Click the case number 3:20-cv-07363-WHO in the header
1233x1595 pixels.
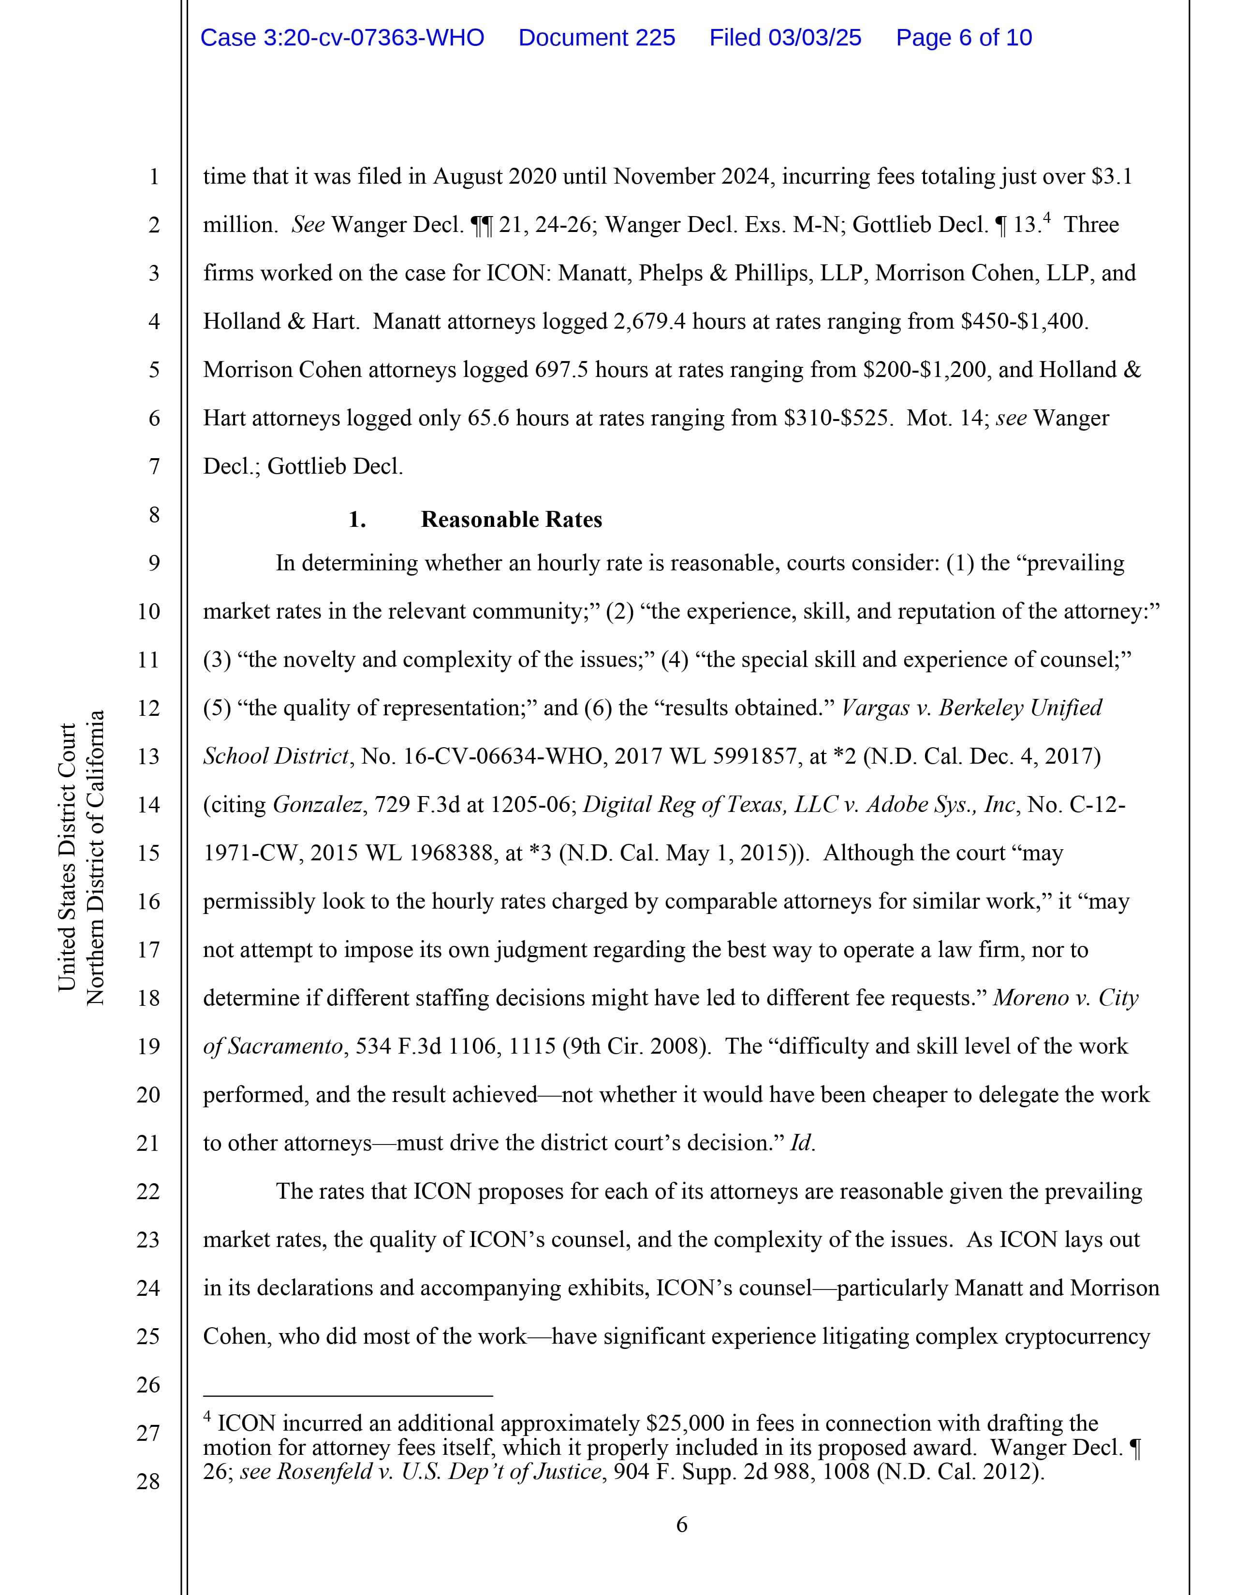coord(342,38)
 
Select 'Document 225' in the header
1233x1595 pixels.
coord(597,38)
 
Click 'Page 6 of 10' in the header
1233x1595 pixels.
coord(964,38)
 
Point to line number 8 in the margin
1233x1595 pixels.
coord(154,515)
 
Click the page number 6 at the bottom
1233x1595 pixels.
coord(681,1525)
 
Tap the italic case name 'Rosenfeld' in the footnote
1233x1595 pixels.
coord(321,1471)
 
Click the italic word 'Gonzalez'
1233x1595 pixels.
coord(318,805)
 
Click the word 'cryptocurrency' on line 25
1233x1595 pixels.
coord(1077,1336)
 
